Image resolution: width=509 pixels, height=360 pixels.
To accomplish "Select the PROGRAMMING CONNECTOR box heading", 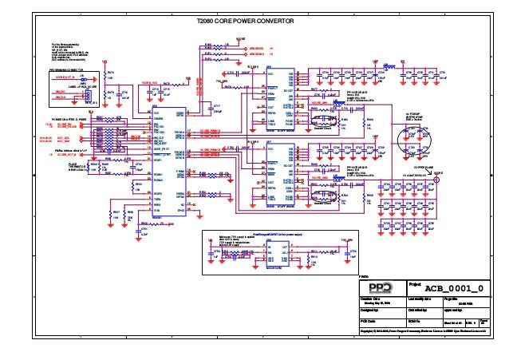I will [x=71, y=69].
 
